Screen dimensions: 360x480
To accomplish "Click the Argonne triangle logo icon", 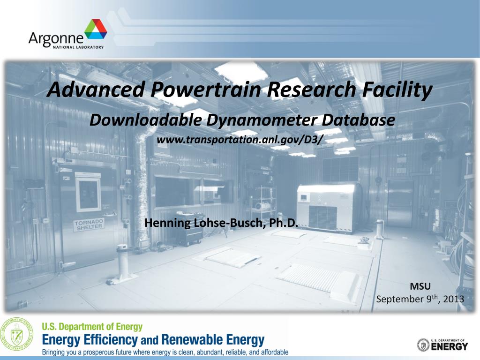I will [96, 30].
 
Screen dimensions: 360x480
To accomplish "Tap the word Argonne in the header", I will [56, 37].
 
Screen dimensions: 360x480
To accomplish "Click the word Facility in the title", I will [398, 90].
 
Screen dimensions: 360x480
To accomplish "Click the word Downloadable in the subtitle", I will [146, 120].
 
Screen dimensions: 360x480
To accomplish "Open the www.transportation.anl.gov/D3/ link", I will [240, 140].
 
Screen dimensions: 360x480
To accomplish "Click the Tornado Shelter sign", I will [89, 224].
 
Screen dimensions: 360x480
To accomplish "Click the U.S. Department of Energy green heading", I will [92, 327].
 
